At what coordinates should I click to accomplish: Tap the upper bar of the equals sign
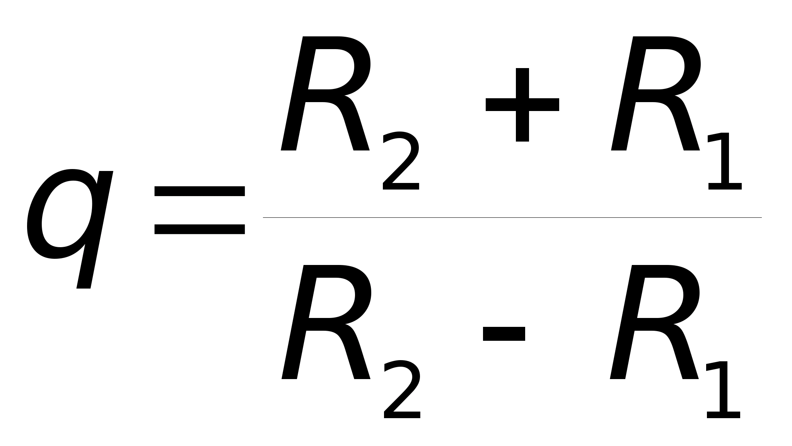[x=200, y=191]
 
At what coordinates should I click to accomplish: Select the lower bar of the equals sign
[x=200, y=229]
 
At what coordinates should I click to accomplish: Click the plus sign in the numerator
[x=522, y=104]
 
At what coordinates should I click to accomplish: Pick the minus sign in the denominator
[x=504, y=334]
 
